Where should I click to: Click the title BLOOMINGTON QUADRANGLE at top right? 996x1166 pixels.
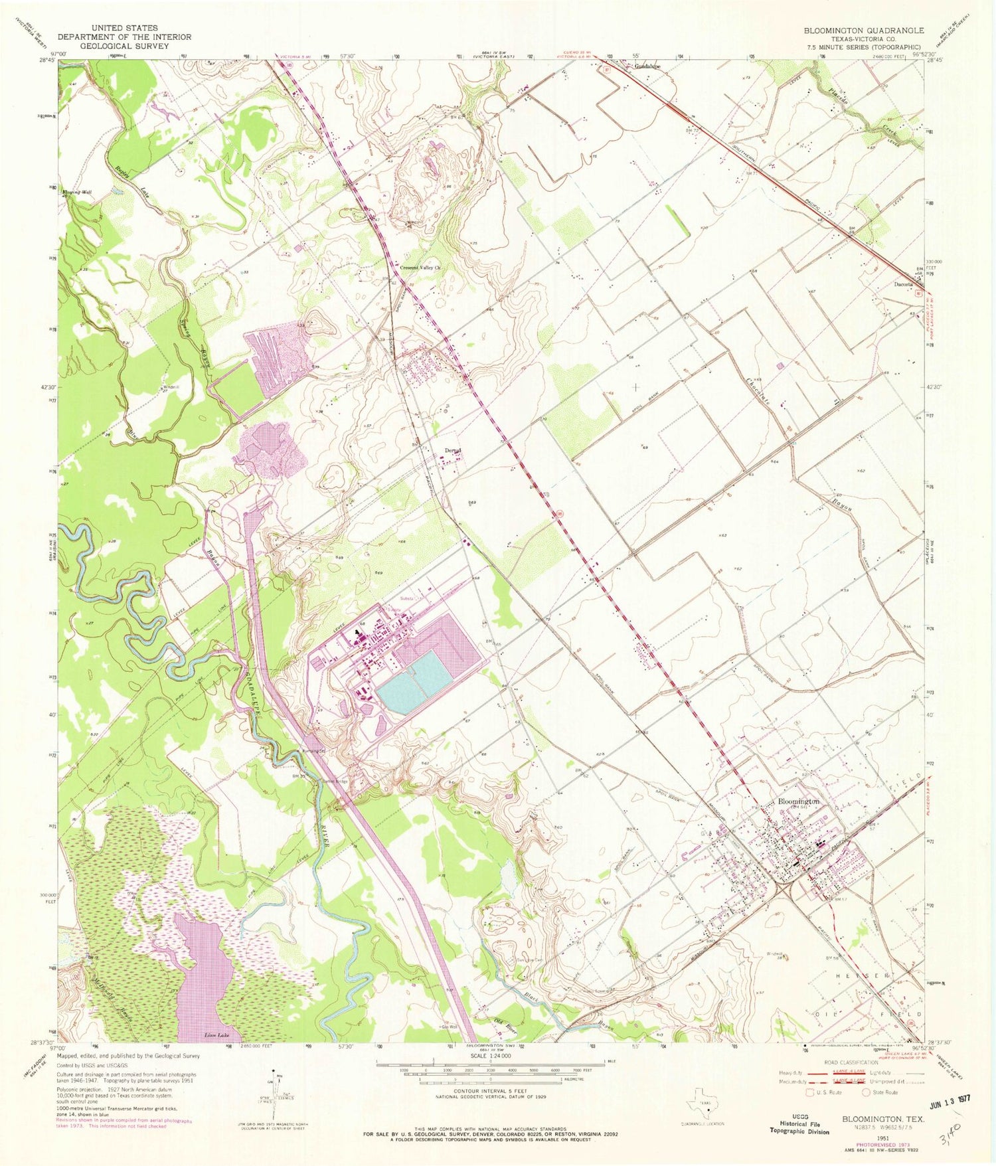(864, 31)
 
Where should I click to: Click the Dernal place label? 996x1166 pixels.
(453, 451)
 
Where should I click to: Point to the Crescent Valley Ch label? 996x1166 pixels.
(420, 268)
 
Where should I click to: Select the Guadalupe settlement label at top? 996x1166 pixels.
(643, 67)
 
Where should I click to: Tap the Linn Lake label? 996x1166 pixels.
(215, 1035)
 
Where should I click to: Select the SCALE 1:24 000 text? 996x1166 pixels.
(489, 1056)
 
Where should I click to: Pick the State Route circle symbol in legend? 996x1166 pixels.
(866, 1092)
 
